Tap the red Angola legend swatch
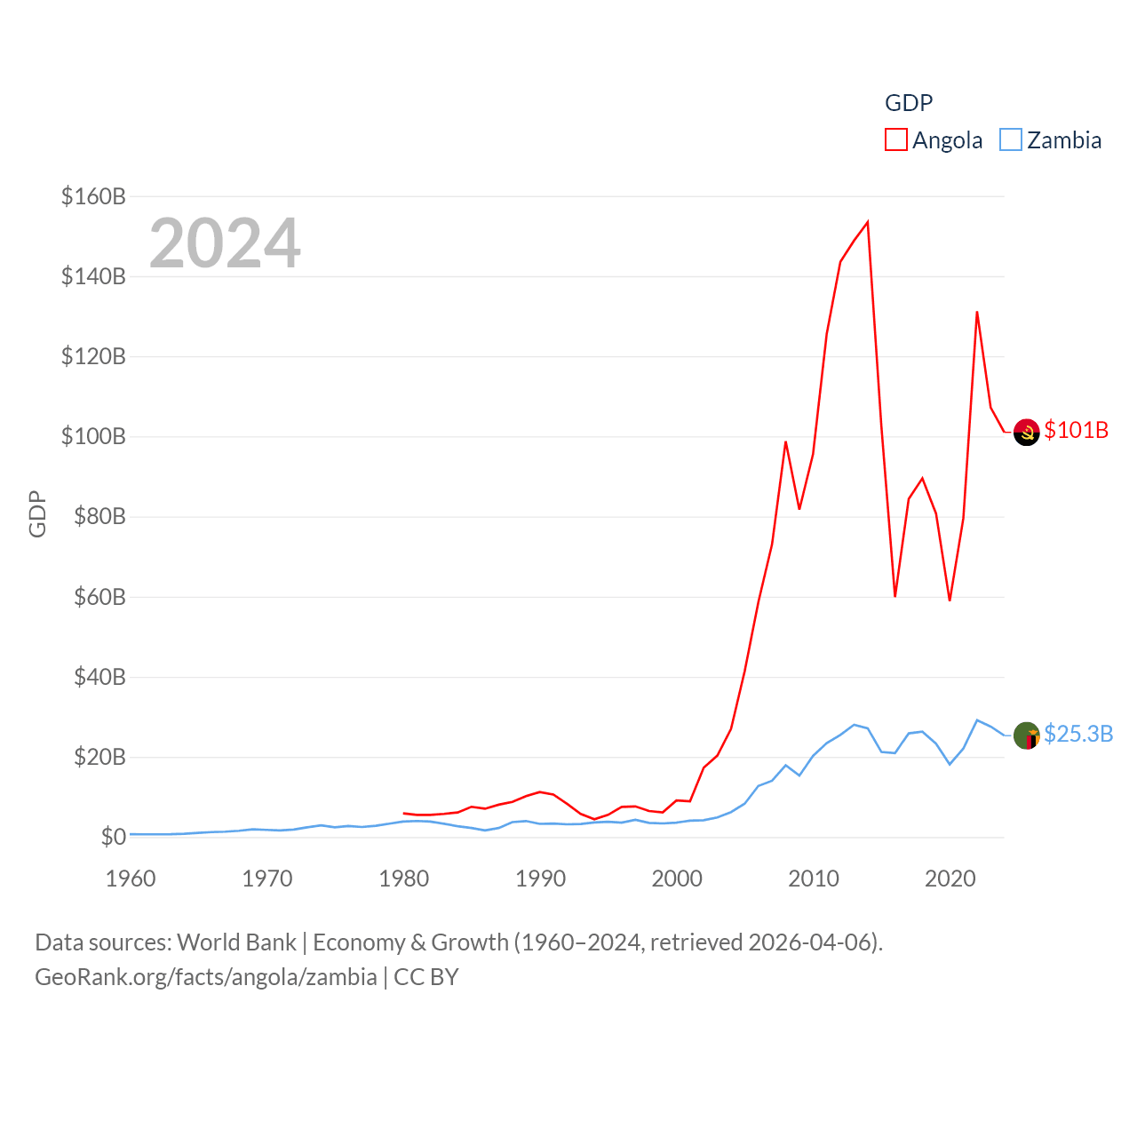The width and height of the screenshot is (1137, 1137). pos(896,140)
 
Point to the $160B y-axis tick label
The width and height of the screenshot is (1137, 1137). pos(93,196)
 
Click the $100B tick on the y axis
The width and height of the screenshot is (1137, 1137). pos(93,436)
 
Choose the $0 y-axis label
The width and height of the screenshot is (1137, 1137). pos(113,837)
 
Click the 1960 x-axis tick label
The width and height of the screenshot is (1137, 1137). pos(131,879)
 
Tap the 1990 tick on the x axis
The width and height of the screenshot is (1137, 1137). pos(540,879)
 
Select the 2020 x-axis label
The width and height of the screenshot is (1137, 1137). pos(950,879)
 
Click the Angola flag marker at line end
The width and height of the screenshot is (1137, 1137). pos(1026,432)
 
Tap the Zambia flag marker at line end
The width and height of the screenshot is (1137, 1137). pos(1026,735)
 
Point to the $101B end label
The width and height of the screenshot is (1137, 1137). pos(1076,430)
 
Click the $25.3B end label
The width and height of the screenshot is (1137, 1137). pos(1078,734)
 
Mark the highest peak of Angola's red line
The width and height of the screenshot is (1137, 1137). pos(867,222)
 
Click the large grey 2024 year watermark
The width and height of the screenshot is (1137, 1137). pos(225,243)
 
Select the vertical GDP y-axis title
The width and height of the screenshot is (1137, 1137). pos(37,513)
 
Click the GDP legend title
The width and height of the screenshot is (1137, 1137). pos(909,103)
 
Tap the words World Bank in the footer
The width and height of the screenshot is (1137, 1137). pos(236,942)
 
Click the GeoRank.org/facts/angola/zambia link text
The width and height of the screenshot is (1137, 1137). pos(206,977)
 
